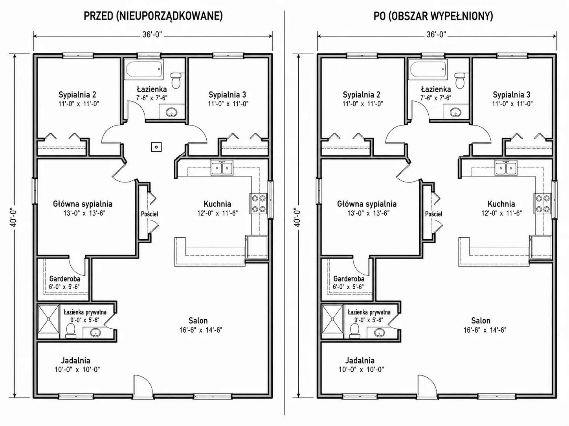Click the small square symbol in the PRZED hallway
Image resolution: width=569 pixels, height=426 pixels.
(x=156, y=147)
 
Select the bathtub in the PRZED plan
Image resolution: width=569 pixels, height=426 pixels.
(x=144, y=69)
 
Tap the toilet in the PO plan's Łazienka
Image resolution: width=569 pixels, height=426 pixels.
(x=460, y=80)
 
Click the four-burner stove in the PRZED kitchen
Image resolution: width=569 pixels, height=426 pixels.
(x=259, y=204)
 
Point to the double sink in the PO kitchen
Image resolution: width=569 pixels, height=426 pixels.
(x=505, y=168)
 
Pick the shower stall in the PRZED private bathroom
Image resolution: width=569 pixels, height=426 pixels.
(x=49, y=319)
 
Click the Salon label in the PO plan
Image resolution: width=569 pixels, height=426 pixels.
(x=481, y=321)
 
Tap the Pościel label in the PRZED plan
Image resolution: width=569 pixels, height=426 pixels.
(x=150, y=214)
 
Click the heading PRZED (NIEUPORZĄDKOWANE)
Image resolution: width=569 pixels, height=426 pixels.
(x=153, y=16)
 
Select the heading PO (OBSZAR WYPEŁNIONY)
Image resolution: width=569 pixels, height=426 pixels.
(x=433, y=16)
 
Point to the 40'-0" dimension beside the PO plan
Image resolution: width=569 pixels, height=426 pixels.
(x=297, y=217)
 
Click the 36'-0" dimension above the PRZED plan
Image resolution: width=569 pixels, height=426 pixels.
(x=152, y=35)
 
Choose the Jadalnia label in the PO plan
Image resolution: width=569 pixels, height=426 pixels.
(x=360, y=360)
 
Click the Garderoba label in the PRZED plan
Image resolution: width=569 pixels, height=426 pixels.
(x=65, y=279)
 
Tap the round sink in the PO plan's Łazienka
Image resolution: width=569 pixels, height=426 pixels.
(x=455, y=113)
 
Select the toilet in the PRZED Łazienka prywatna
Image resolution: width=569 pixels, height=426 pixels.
(x=70, y=331)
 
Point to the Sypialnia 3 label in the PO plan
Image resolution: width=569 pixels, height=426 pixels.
(x=512, y=95)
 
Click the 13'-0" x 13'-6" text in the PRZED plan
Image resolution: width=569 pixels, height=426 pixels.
(x=84, y=213)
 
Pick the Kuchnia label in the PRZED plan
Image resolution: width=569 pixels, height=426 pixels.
(x=217, y=204)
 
